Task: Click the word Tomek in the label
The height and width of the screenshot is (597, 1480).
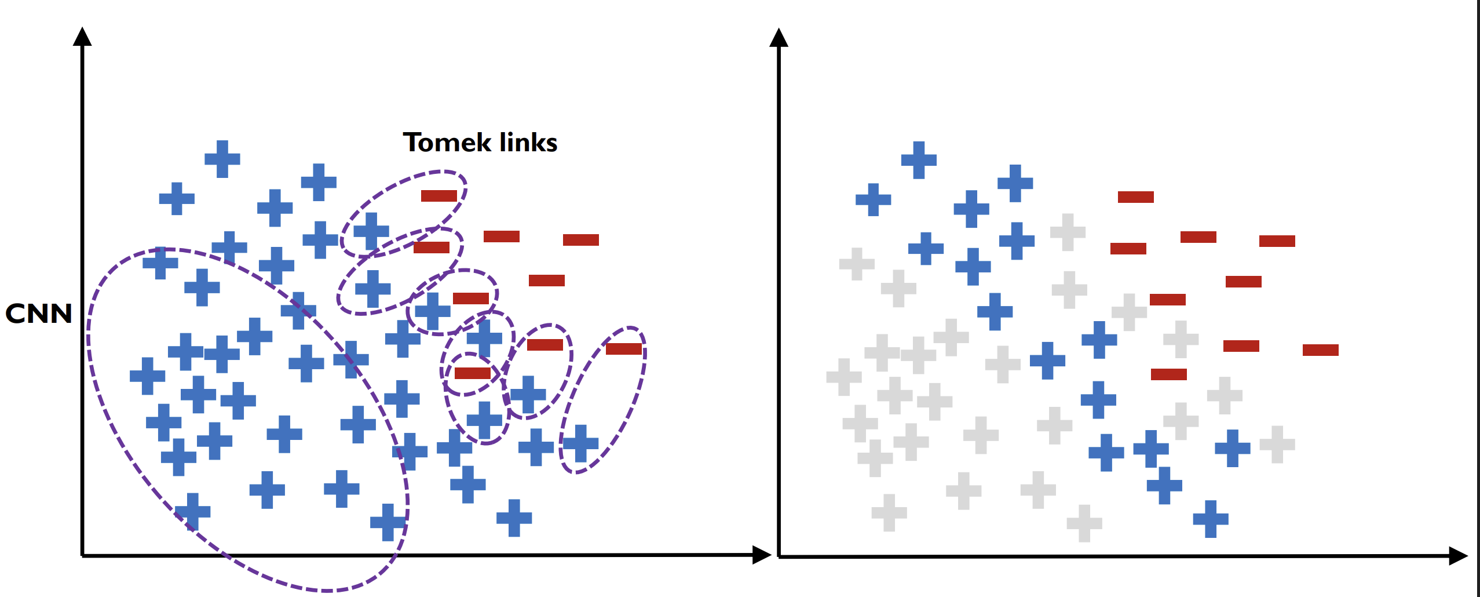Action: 447,143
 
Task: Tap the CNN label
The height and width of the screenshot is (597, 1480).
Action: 39,314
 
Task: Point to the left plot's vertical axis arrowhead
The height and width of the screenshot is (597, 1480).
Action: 82,36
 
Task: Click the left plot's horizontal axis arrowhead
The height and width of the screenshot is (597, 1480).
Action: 762,555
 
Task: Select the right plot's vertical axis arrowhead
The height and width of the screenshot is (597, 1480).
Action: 779,37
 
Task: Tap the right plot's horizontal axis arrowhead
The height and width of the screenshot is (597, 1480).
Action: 1459,556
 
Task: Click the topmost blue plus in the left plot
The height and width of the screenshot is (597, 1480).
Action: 222,159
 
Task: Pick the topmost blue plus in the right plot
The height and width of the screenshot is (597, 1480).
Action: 919,160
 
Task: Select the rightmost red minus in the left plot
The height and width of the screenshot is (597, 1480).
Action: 624,349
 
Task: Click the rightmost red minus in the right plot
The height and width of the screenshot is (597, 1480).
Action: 1321,350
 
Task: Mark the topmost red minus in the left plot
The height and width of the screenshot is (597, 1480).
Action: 439,196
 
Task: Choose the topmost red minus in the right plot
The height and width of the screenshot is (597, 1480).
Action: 1136,197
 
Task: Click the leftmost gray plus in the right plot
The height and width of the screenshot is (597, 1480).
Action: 844,377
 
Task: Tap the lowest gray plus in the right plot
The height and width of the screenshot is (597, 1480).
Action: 1084,523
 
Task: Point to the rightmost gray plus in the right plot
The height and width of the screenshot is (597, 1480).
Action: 1277,445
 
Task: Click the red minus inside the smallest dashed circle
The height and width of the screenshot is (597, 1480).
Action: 473,373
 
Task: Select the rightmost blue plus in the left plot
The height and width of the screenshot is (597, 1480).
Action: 580,443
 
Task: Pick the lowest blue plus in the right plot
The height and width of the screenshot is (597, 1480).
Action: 1211,519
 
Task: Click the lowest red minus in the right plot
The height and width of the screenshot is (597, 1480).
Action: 1169,374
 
